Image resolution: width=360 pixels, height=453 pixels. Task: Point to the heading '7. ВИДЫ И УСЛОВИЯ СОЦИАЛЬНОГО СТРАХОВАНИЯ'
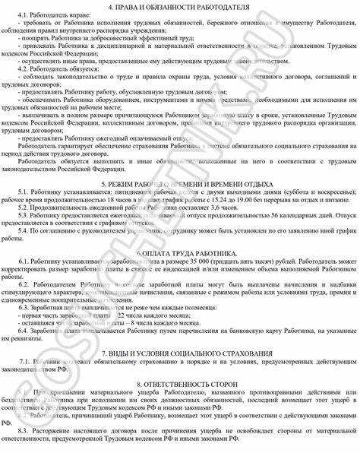point(179,354)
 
